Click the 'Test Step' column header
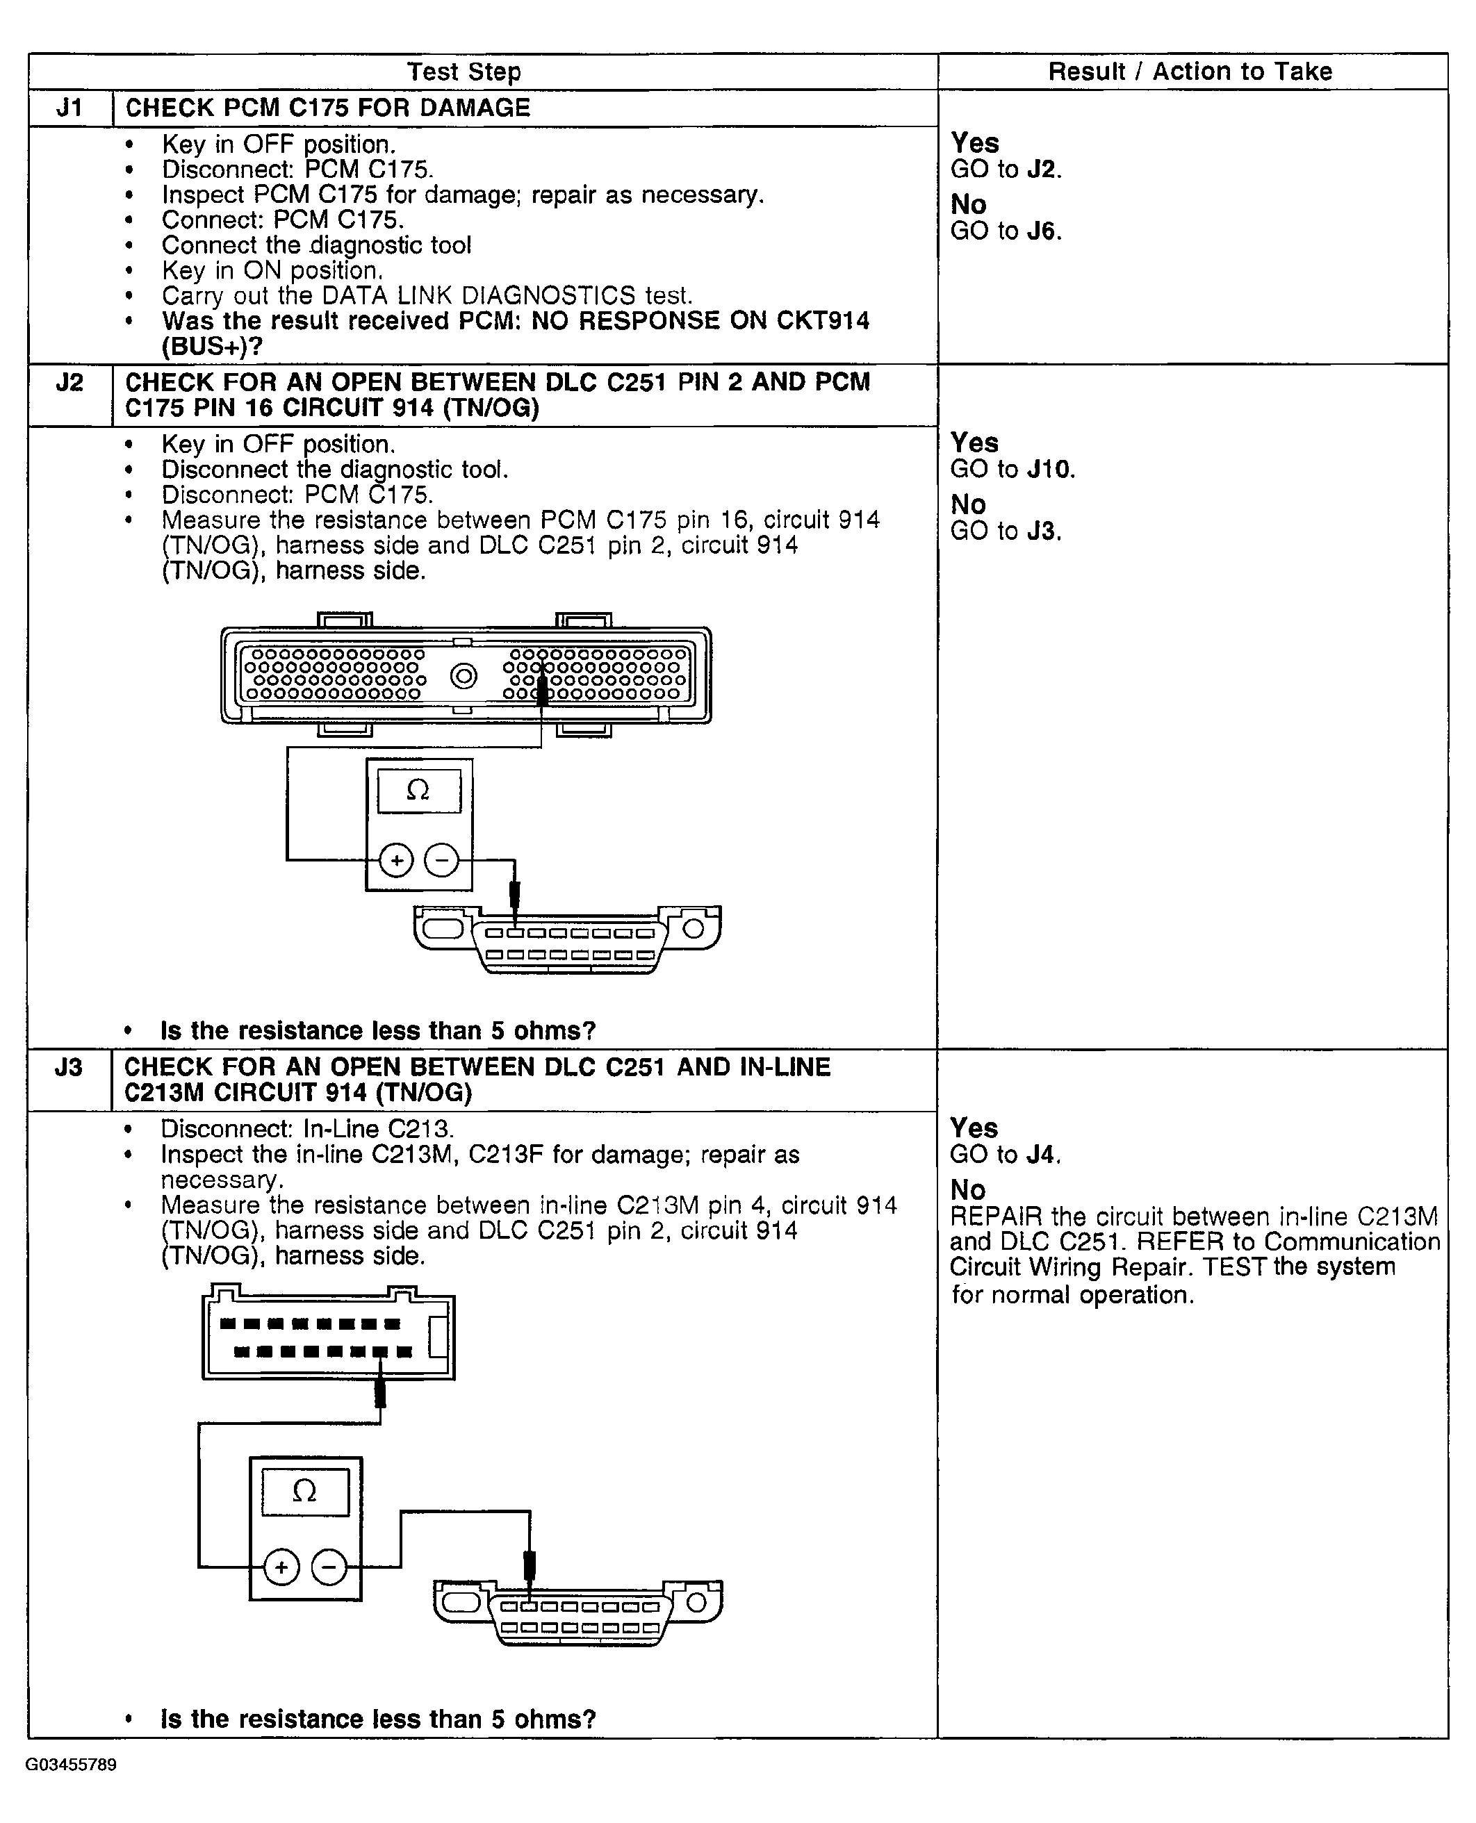click(464, 72)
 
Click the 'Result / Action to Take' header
click(1190, 72)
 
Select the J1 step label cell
click(69, 108)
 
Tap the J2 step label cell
click(69, 383)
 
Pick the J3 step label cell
click(69, 1067)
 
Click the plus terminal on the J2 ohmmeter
click(395, 860)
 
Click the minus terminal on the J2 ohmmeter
click(441, 860)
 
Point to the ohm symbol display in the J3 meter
click(304, 1492)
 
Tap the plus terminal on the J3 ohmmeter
click(281, 1567)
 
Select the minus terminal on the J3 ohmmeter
click(329, 1567)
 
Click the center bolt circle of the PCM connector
click(464, 677)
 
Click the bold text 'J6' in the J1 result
click(1043, 231)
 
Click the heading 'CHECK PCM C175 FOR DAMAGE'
click(327, 108)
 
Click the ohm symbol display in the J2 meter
click(418, 791)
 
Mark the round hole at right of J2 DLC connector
click(693, 928)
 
